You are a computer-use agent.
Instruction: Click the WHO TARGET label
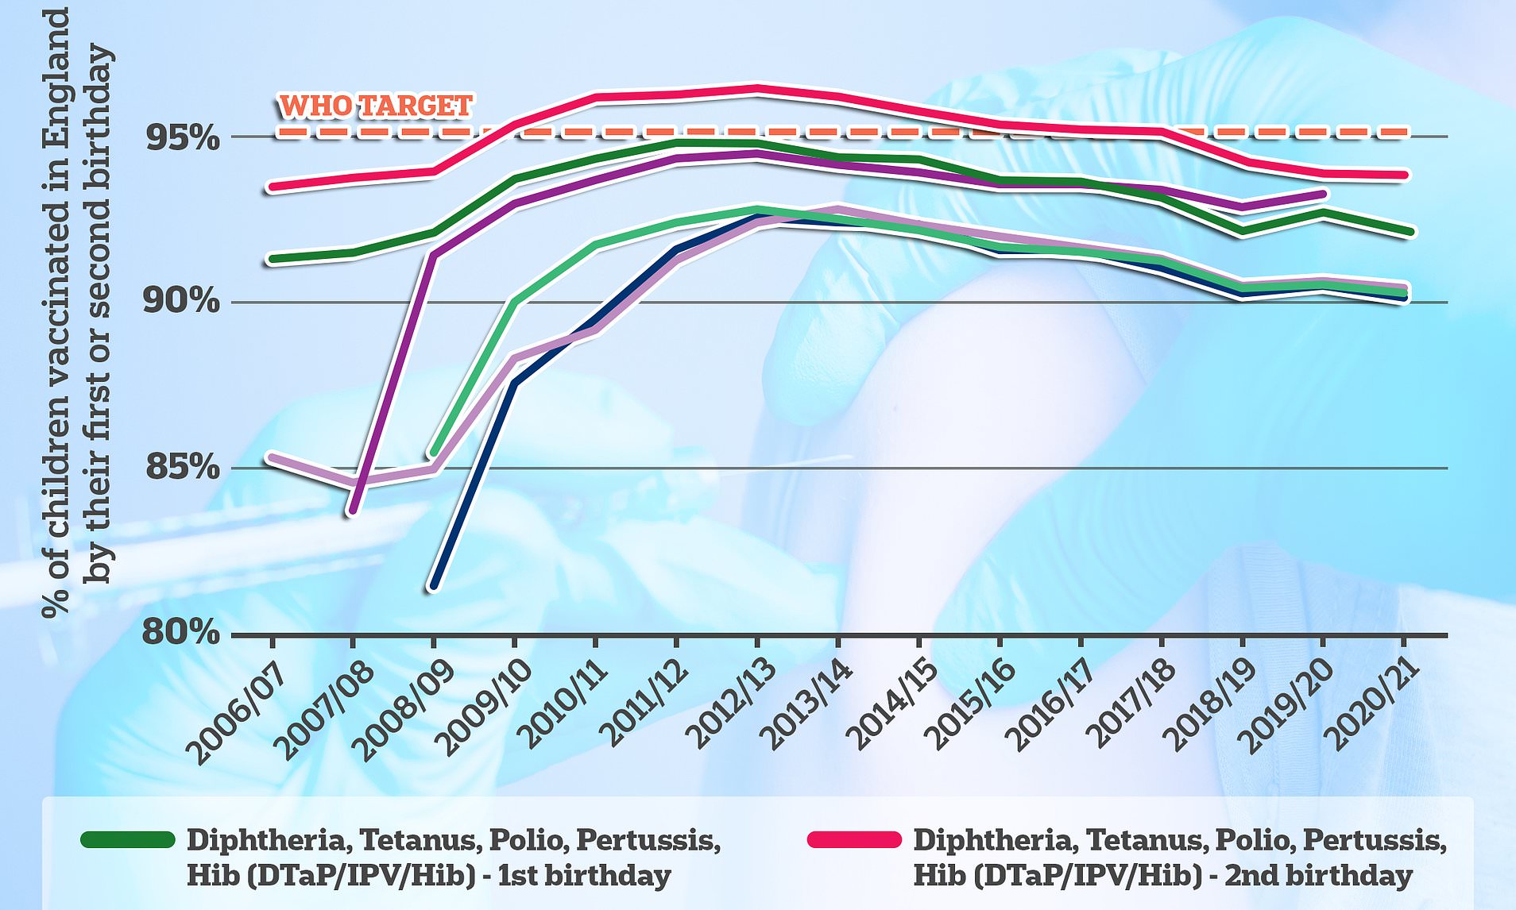376,106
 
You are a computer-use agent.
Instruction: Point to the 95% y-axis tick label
182,137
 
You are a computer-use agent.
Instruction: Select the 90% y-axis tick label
182,301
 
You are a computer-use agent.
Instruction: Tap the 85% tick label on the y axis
182,467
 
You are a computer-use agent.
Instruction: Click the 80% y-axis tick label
182,633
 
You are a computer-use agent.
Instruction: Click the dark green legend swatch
128,840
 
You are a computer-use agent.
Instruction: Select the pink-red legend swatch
854,840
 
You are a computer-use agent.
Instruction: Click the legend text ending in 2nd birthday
1179,858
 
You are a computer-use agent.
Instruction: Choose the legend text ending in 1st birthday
454,858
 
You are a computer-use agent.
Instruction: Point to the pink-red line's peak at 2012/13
757,88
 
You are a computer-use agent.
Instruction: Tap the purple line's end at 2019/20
1323,194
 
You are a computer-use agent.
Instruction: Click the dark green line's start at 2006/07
273,259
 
